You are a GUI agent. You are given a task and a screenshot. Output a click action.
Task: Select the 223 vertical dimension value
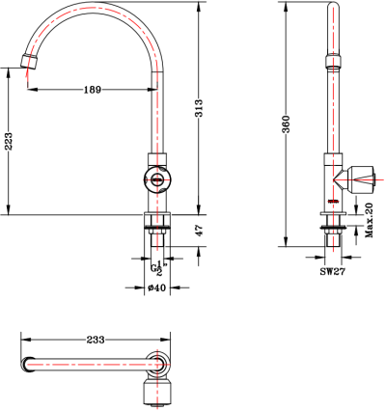click(x=9, y=142)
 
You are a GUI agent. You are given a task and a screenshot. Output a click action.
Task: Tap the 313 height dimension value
click(x=199, y=110)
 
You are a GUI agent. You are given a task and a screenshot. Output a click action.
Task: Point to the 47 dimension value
click(x=199, y=230)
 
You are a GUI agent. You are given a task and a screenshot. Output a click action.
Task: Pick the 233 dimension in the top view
click(x=96, y=340)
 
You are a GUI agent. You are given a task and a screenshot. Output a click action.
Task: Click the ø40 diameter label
click(x=155, y=287)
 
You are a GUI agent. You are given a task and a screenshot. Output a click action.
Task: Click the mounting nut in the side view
click(x=332, y=230)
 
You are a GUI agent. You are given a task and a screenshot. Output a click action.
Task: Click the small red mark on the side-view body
click(x=332, y=201)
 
